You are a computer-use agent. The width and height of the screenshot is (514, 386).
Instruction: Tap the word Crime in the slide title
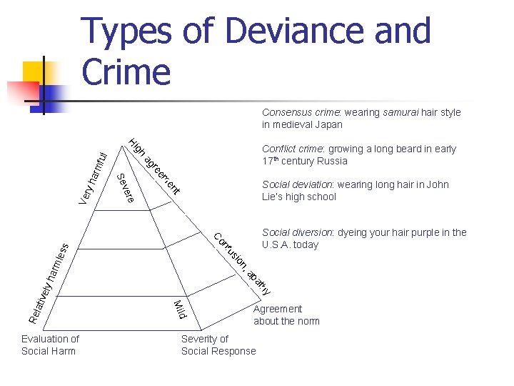[126, 71]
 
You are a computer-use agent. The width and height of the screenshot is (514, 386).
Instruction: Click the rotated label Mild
[181, 310]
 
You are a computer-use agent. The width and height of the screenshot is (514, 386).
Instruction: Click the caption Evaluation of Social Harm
[50, 345]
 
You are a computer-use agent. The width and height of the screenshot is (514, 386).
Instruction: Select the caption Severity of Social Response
[218, 345]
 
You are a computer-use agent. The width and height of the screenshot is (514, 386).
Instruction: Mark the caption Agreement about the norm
[286, 315]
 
